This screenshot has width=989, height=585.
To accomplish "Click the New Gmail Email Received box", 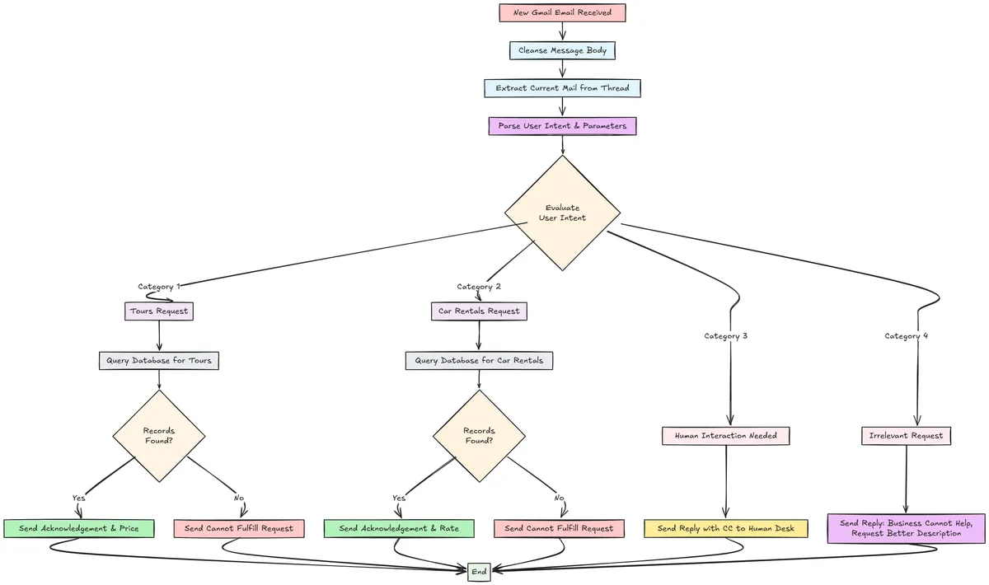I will click(562, 13).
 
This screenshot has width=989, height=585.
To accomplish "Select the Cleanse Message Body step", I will click(562, 50).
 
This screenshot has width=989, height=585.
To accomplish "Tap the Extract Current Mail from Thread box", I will click(562, 88).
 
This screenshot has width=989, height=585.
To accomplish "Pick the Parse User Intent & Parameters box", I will click(562, 126).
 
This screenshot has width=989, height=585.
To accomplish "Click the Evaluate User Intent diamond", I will click(562, 213).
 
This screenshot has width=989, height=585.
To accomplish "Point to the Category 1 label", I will click(159, 287).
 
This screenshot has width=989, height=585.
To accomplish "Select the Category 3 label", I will click(725, 336).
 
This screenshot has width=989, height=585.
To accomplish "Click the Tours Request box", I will click(159, 311).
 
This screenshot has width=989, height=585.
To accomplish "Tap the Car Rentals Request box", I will click(479, 311).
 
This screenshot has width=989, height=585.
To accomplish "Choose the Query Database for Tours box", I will click(159, 361).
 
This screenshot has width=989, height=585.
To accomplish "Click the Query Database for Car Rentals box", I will click(479, 361).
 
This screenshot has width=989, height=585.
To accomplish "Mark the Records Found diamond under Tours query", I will click(159, 435).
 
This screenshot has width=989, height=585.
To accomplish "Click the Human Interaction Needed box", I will click(726, 435).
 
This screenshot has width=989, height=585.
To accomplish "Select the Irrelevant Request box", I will click(906, 435).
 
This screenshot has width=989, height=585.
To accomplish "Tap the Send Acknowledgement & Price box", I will click(79, 528).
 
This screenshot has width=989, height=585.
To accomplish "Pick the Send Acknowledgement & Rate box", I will click(399, 528).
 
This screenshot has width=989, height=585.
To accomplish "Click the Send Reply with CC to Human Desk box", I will click(726, 528).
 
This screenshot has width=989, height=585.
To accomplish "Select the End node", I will click(479, 572).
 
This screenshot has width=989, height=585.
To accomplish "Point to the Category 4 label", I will click(906, 336).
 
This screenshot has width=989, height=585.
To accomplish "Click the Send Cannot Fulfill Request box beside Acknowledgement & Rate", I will click(559, 528).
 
